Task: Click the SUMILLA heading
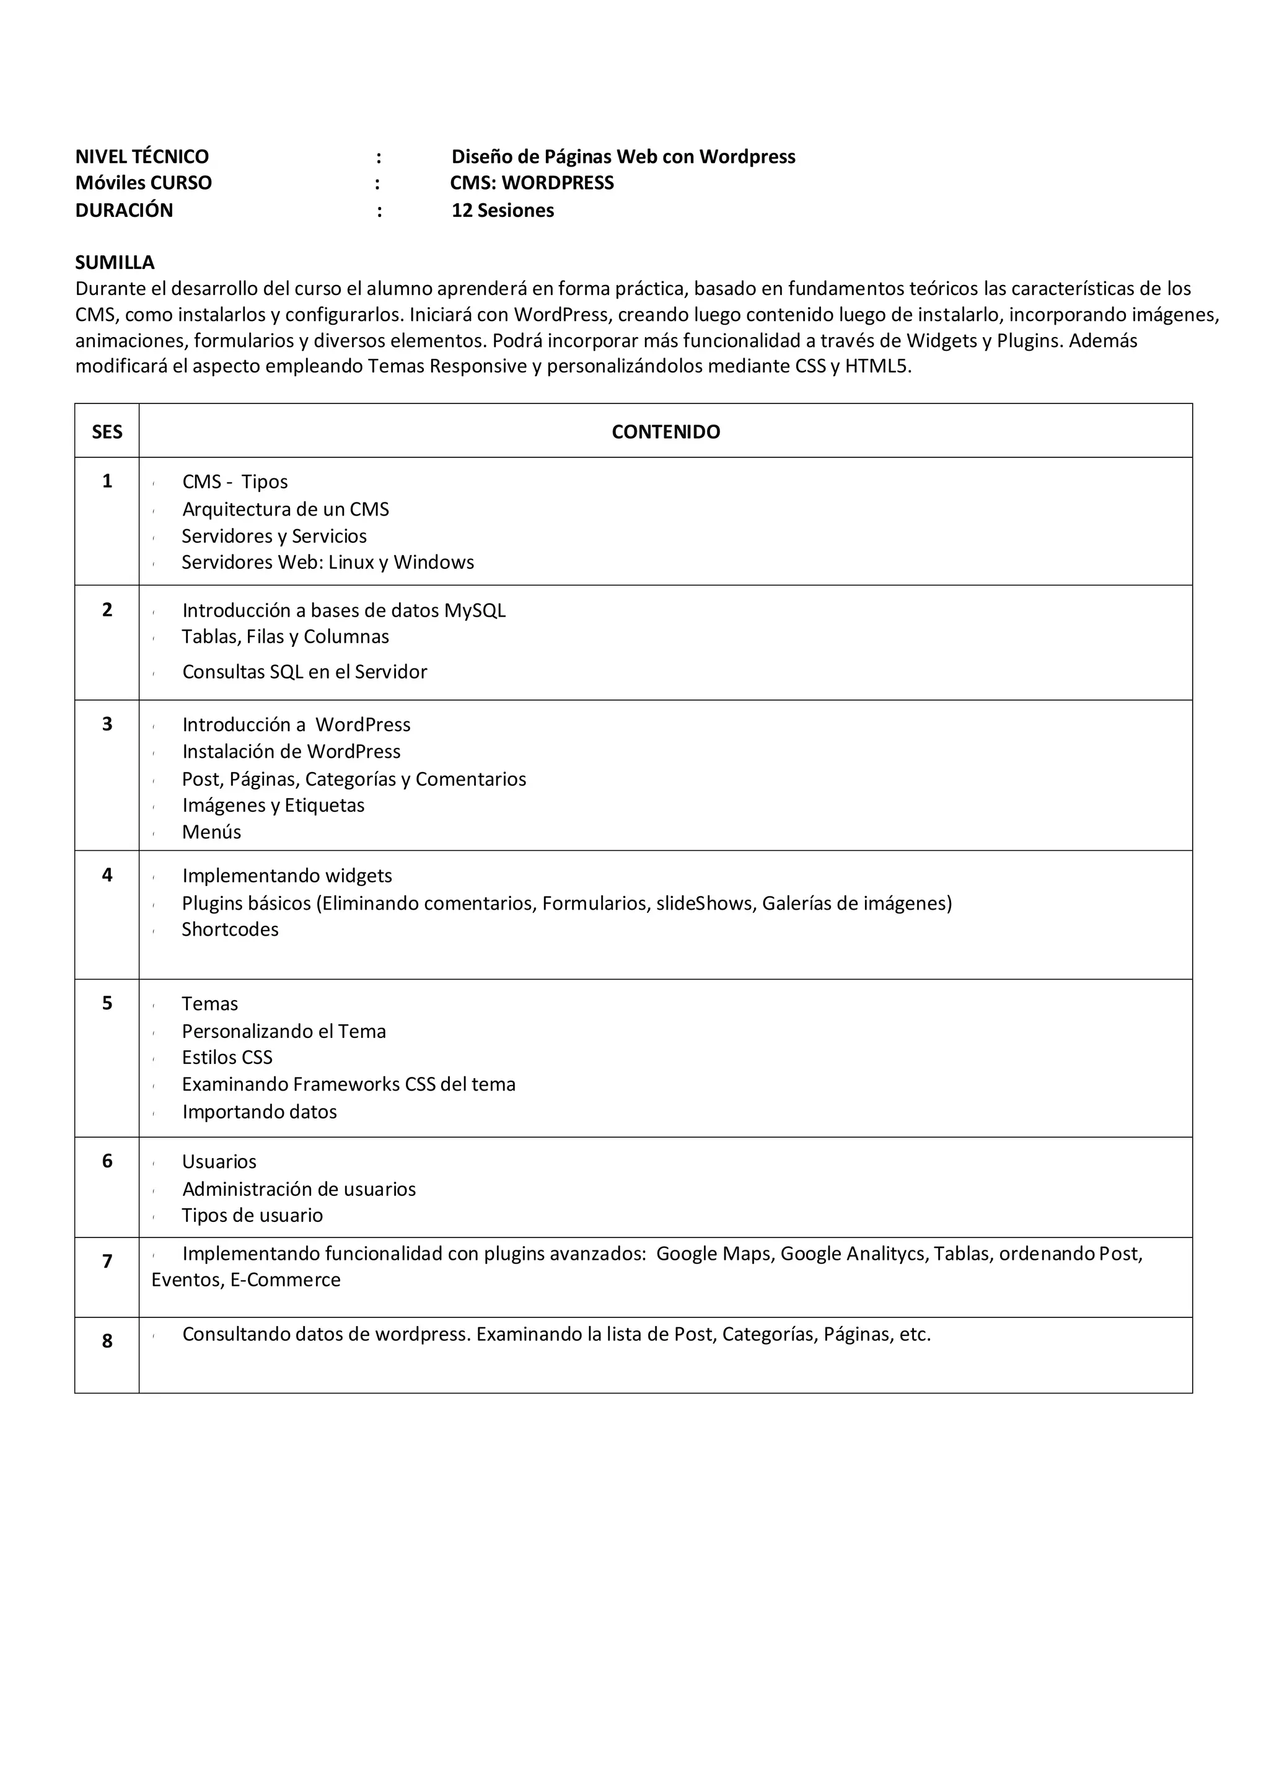coord(115,263)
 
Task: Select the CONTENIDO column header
coord(665,432)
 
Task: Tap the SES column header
coord(107,432)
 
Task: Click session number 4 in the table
coord(107,876)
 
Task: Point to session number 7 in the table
coord(107,1262)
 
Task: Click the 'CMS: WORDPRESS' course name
coord(532,183)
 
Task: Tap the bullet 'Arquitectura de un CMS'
coord(285,509)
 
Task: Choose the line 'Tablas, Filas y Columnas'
coord(285,637)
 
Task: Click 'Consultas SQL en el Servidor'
coord(305,672)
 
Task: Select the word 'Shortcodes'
coord(230,930)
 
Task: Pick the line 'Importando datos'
coord(260,1112)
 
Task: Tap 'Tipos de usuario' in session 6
coord(252,1216)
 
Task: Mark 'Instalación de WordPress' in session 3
coord(291,752)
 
